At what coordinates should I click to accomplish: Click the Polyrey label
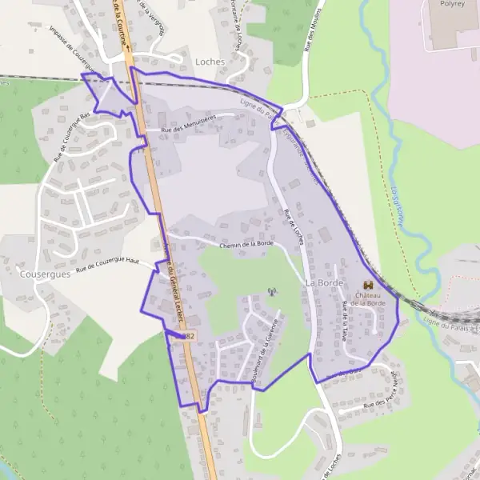(452, 4)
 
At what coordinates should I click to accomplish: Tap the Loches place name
(210, 61)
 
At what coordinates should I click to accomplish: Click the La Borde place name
(323, 283)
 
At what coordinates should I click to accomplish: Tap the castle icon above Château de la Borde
(369, 285)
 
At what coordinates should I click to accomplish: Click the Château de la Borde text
(368, 298)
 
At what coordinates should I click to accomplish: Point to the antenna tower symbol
(271, 291)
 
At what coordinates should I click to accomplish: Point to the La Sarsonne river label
(398, 206)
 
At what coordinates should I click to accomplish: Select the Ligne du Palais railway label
(450, 323)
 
